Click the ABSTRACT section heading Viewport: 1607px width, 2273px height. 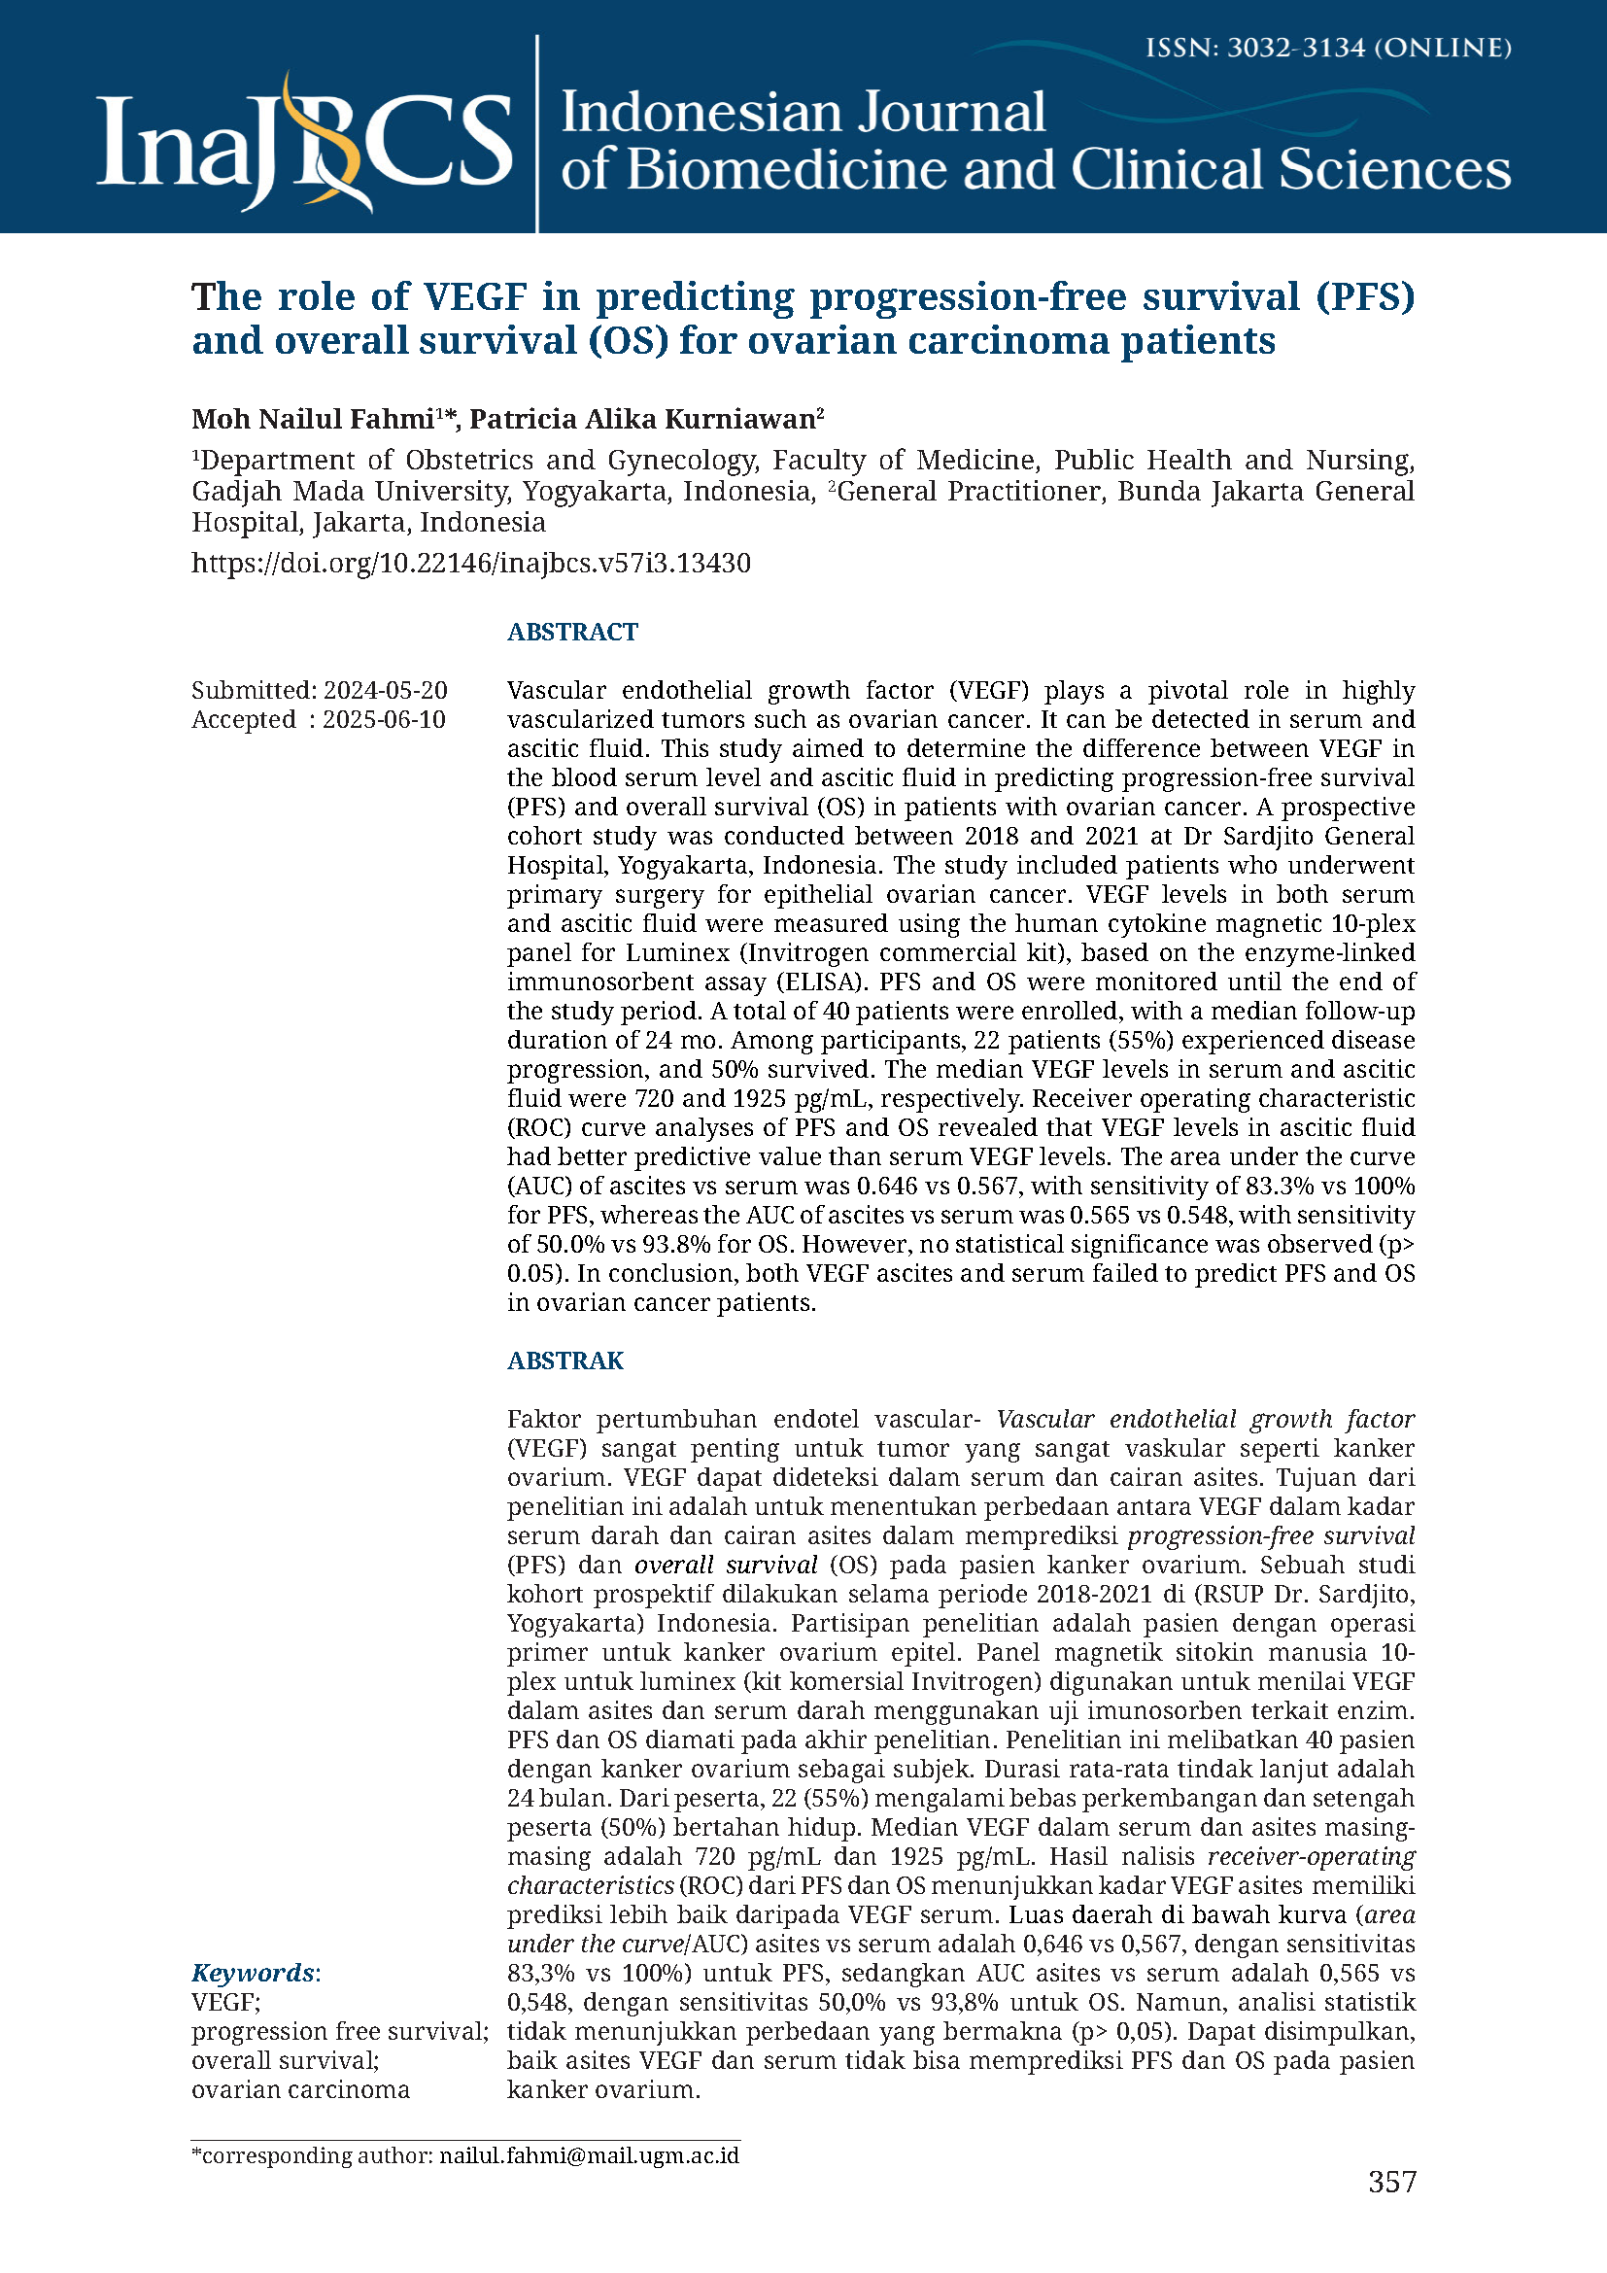click(x=572, y=632)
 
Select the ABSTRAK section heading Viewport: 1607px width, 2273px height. click(x=565, y=1360)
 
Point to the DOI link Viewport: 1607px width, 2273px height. click(x=470, y=564)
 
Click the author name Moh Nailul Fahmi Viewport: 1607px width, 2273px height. click(x=313, y=420)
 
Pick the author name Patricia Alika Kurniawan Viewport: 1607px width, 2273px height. click(x=641, y=420)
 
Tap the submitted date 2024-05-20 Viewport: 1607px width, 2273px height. click(x=385, y=690)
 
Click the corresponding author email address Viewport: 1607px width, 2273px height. click(x=589, y=2155)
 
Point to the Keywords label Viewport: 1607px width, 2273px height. click(x=254, y=1973)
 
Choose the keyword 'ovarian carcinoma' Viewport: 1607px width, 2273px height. click(x=300, y=2090)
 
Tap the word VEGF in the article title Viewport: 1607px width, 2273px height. click(x=474, y=297)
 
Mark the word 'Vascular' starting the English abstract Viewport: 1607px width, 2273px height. click(x=555, y=690)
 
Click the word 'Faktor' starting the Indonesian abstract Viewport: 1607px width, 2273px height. click(x=544, y=1419)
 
